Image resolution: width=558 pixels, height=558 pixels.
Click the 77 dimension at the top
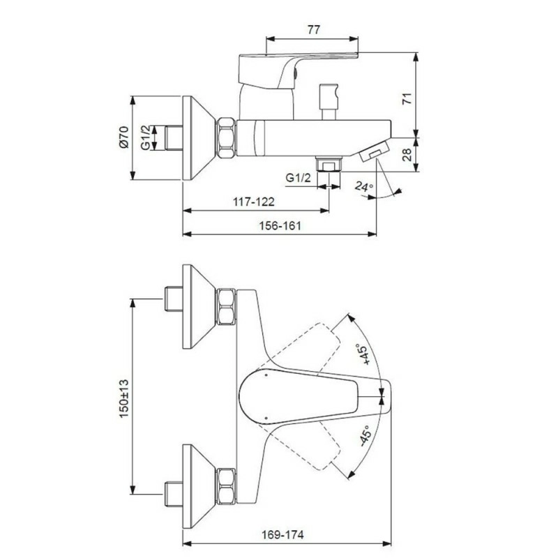(313, 29)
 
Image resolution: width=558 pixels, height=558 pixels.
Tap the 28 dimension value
(407, 155)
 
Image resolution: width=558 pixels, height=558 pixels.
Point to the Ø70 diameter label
(123, 137)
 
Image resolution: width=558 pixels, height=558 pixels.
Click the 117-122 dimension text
(254, 202)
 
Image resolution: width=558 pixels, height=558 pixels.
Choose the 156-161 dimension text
(280, 225)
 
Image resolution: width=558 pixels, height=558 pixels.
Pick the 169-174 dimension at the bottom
(283, 534)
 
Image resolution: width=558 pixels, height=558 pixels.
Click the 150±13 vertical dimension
(124, 398)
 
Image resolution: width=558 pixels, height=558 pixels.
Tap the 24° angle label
(364, 186)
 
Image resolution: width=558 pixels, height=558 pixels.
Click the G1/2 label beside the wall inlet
(146, 137)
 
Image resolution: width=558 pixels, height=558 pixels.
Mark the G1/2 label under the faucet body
(299, 178)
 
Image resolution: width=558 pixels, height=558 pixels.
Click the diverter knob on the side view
(329, 101)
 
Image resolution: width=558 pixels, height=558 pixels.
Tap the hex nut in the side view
(225, 137)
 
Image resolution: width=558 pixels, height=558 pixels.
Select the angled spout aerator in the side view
(374, 151)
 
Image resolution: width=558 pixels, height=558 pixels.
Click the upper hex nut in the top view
(225, 307)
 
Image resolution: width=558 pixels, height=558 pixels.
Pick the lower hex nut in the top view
(225, 486)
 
